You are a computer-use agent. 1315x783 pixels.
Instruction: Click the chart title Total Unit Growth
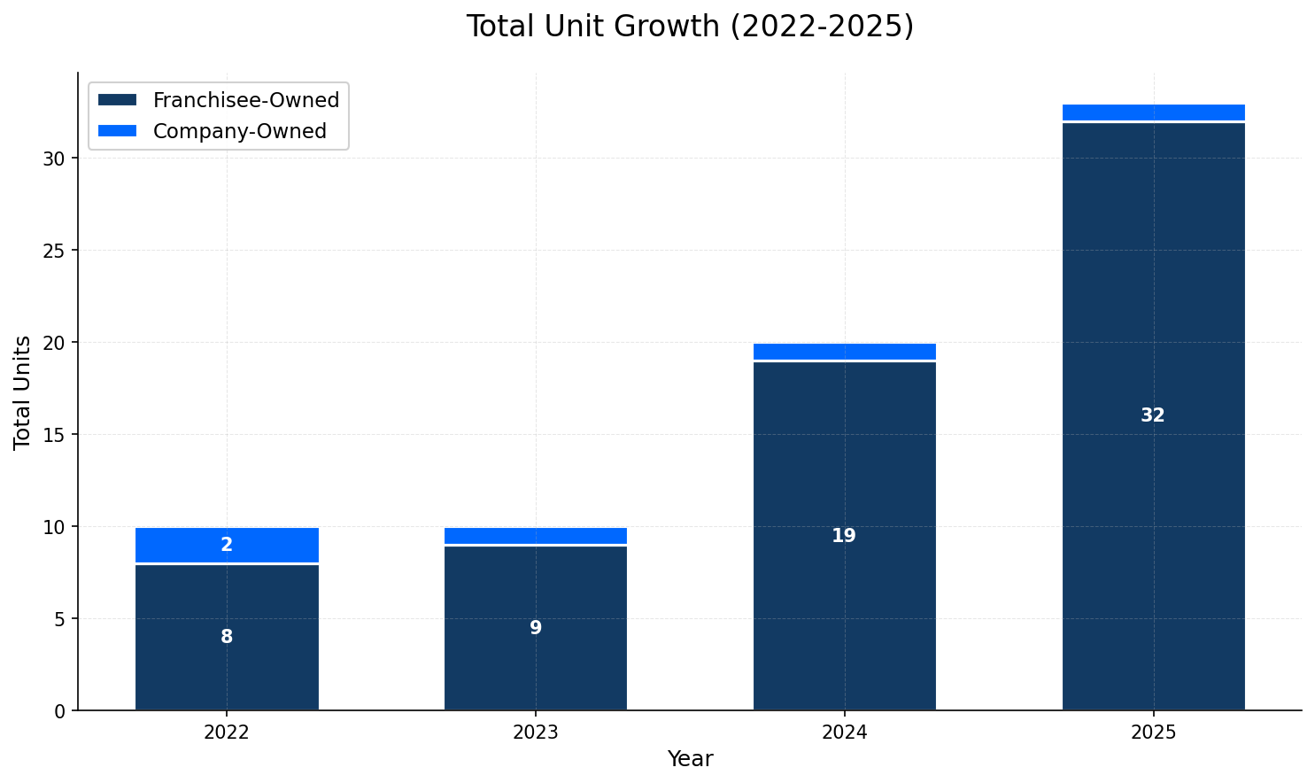[690, 27]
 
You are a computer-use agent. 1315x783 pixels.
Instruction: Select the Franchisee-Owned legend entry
[245, 100]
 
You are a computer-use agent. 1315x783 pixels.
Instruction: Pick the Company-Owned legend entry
[239, 131]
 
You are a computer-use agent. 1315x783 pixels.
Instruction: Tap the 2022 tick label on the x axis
[227, 733]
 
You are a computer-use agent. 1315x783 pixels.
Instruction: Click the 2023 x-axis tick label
[536, 733]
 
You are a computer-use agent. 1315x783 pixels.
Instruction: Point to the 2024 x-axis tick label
[844, 733]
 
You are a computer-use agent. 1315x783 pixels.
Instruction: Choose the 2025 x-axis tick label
[1153, 733]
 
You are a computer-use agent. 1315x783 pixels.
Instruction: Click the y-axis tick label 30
[54, 159]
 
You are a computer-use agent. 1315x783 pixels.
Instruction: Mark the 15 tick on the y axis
[54, 435]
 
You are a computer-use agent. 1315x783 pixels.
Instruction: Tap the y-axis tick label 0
[59, 711]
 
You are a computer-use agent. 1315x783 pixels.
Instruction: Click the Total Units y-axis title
[23, 392]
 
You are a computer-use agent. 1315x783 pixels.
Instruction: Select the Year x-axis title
[690, 759]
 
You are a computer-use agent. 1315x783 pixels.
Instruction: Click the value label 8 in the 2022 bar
[227, 637]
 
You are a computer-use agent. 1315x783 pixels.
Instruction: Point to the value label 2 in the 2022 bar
[227, 545]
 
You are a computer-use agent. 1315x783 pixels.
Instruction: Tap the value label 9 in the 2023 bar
[536, 628]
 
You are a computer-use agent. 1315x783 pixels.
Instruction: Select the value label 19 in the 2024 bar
[844, 536]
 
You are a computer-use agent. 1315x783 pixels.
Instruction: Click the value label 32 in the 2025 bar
[1153, 415]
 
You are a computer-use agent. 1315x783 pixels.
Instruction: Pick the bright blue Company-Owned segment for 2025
[1153, 112]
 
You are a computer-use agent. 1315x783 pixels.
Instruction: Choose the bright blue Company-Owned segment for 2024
[844, 352]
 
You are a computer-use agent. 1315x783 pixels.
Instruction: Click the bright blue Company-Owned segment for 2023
[536, 536]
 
